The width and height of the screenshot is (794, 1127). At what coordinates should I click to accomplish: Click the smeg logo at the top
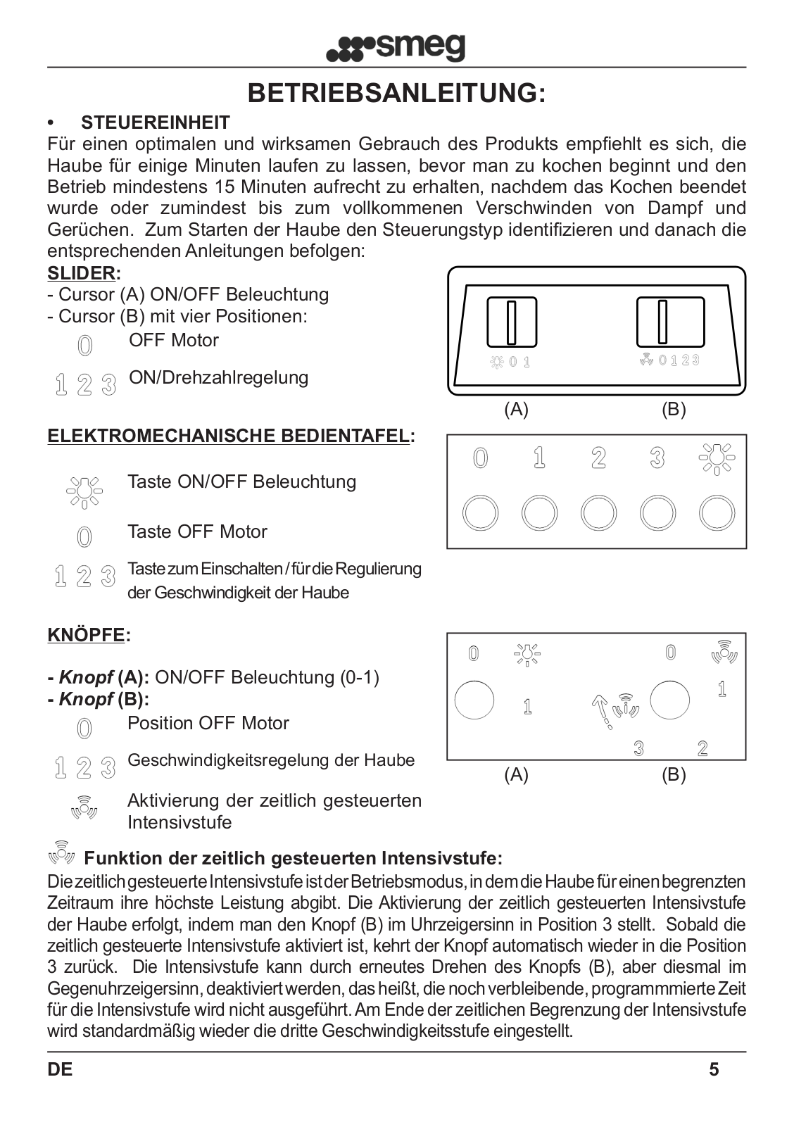396,48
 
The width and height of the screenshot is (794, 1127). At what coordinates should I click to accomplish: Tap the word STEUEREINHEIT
156,122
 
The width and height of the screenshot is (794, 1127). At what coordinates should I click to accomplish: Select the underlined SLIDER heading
81,273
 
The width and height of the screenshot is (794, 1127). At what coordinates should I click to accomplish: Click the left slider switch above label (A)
512,322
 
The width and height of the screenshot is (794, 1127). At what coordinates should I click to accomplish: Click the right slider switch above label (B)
670,322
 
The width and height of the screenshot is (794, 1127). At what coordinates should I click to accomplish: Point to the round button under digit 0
480,513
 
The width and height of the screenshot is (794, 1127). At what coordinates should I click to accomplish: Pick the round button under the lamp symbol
717,513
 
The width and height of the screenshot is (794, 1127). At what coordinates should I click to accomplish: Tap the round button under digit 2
598,513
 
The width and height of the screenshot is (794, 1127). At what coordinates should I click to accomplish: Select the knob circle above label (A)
474,700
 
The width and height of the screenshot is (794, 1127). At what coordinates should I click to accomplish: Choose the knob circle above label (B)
669,700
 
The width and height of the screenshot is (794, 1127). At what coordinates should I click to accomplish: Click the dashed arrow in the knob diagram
600,710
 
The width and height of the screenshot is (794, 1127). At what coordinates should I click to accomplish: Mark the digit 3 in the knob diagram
638,748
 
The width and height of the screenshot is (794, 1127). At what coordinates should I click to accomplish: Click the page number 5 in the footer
714,1069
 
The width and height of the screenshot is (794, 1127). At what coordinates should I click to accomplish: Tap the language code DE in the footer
60,1069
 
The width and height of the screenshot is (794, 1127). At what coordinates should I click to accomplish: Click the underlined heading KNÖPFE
86,635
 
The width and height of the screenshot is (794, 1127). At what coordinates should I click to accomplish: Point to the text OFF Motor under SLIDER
173,340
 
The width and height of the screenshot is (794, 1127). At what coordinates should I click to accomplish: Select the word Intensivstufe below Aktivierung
179,822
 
